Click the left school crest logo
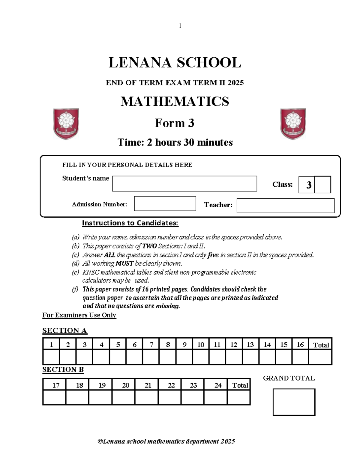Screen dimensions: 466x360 click(x=66, y=124)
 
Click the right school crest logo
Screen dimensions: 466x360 click(x=293, y=124)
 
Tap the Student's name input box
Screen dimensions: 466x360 click(x=184, y=184)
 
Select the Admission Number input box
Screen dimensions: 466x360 click(x=165, y=204)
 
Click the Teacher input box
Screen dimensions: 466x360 click(x=285, y=206)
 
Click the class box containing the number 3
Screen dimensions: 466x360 click(x=307, y=185)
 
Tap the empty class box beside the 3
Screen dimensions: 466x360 click(x=323, y=185)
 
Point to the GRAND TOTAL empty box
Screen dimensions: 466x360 click(x=294, y=402)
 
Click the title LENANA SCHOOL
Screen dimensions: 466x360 click(x=175, y=63)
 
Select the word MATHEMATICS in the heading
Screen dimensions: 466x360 click(x=175, y=101)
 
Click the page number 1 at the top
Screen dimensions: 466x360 click(x=180, y=26)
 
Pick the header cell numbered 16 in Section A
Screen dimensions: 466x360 click(x=300, y=344)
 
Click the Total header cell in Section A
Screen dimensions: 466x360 click(x=321, y=345)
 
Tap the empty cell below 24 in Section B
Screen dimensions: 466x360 click(x=215, y=398)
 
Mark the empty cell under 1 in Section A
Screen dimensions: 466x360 click(x=51, y=357)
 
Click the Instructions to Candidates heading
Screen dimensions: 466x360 click(x=130, y=223)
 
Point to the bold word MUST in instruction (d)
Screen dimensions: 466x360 click(x=124, y=263)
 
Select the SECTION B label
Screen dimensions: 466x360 click(x=63, y=369)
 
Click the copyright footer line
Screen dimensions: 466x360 click(x=166, y=441)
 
